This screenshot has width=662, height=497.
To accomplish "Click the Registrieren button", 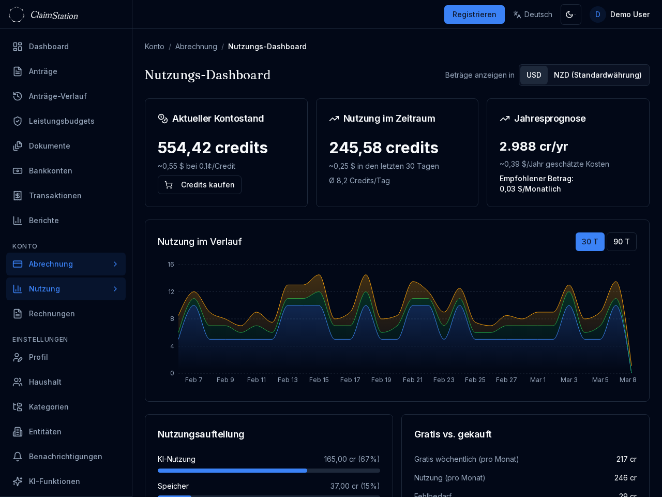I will [474, 14].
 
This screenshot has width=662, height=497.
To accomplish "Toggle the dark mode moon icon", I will [570, 14].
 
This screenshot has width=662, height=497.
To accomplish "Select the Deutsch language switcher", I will [533, 14].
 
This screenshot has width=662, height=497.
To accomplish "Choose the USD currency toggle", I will [534, 75].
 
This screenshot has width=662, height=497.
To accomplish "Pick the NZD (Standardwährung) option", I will [597, 75].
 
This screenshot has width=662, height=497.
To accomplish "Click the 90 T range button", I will [621, 242].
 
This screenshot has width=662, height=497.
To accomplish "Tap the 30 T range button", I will [590, 242].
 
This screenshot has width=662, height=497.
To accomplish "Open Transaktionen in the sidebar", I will [55, 196].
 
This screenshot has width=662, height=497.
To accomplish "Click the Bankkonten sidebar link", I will [50, 171].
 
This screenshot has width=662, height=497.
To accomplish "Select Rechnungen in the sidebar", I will [52, 314].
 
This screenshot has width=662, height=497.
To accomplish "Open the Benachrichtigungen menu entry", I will [65, 457].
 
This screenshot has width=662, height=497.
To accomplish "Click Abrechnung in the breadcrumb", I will [196, 47].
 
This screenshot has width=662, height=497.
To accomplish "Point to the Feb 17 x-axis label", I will [350, 380].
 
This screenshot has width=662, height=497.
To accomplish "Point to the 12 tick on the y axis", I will [171, 292].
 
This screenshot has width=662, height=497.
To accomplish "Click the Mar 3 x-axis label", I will [569, 380].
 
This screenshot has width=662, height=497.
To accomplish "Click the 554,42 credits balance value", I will [213, 148].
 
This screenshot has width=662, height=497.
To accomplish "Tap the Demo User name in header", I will [629, 14].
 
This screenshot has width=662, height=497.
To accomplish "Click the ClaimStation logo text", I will [54, 15].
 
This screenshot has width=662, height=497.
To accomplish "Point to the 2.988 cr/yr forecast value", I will [534, 147].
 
